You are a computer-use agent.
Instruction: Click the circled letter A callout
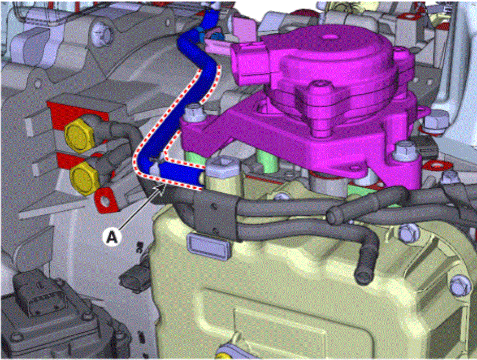point(112,236)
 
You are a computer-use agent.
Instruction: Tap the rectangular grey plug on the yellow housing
point(209,246)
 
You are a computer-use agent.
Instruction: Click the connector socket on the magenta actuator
point(247,63)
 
